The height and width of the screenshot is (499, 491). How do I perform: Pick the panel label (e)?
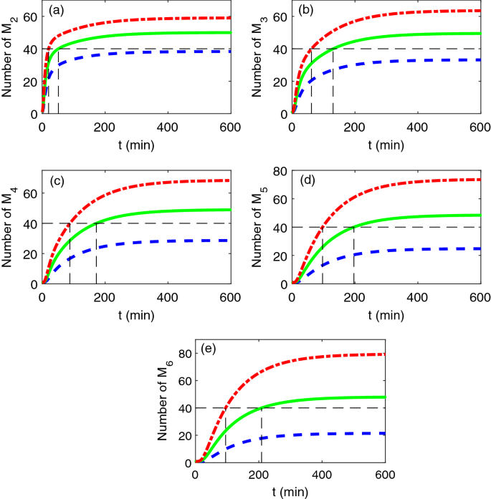point(209,350)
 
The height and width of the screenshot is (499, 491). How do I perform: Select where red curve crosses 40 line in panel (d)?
point(323,227)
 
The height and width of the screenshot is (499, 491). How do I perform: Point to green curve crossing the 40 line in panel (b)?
point(333,49)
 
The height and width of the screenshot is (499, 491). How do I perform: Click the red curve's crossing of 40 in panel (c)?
point(70,223)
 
